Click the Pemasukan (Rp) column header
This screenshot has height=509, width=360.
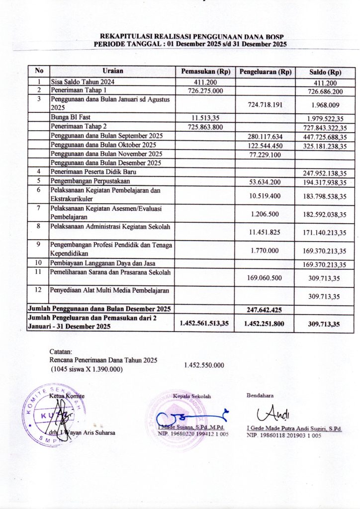click(x=206, y=72)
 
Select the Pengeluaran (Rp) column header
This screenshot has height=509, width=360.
click(x=266, y=72)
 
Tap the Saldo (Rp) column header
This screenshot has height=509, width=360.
click(x=325, y=73)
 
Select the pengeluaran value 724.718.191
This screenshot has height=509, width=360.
click(x=265, y=105)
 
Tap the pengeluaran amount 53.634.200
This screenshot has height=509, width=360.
click(x=265, y=181)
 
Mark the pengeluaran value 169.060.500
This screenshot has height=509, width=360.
click(x=265, y=278)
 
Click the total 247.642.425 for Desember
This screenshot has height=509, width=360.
click(x=265, y=310)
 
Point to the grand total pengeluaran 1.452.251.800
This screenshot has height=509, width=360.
click(x=265, y=323)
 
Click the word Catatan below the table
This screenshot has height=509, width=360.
click(x=61, y=351)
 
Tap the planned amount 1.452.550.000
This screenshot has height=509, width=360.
click(x=204, y=365)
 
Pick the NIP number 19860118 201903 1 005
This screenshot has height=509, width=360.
click(x=284, y=435)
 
